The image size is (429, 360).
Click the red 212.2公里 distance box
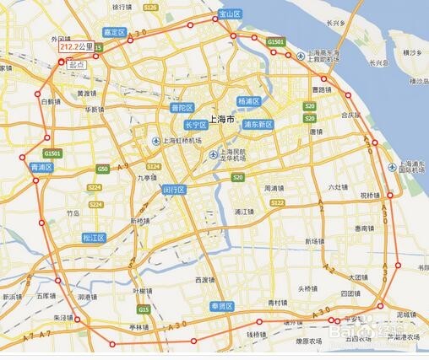pyautogui.click(x=76, y=48)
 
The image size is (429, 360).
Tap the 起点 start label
pyautogui.click(x=79, y=63)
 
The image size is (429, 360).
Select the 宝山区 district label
pyautogui.click(x=230, y=14)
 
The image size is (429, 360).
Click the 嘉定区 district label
pyautogui.click(x=114, y=32)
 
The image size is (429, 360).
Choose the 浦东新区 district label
pyautogui.click(x=258, y=124)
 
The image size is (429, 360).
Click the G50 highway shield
pyautogui.click(x=102, y=169)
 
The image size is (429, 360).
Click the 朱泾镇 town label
pyautogui.click(x=64, y=318)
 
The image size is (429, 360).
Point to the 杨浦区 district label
pyautogui.click(x=249, y=100)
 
